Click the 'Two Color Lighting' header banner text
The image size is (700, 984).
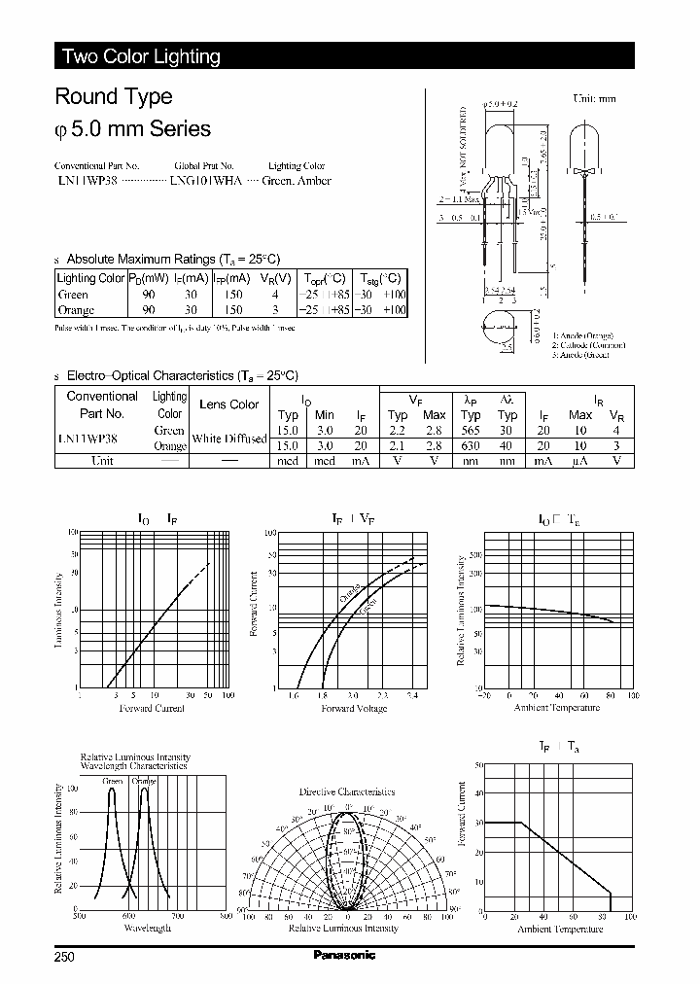point(141,56)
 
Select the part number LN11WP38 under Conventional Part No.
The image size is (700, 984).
point(87,181)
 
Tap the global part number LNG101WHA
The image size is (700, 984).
point(207,181)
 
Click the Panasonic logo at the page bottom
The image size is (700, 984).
point(344,955)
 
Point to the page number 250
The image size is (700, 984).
point(65,956)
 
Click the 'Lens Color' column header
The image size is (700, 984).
point(228,404)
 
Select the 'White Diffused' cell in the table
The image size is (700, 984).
point(228,439)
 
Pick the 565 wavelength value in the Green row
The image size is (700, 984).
point(471,430)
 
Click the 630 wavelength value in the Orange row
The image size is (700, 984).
point(471,446)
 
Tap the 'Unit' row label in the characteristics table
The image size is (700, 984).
point(102,461)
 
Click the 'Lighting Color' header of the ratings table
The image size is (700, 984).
point(91,278)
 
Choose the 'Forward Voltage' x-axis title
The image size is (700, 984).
point(354,709)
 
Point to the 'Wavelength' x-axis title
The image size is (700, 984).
point(148,929)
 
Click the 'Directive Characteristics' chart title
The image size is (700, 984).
point(347,791)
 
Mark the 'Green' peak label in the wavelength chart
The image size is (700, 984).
point(112,781)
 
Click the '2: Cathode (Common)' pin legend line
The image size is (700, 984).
point(589,345)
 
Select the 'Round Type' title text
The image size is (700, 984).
point(114,96)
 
